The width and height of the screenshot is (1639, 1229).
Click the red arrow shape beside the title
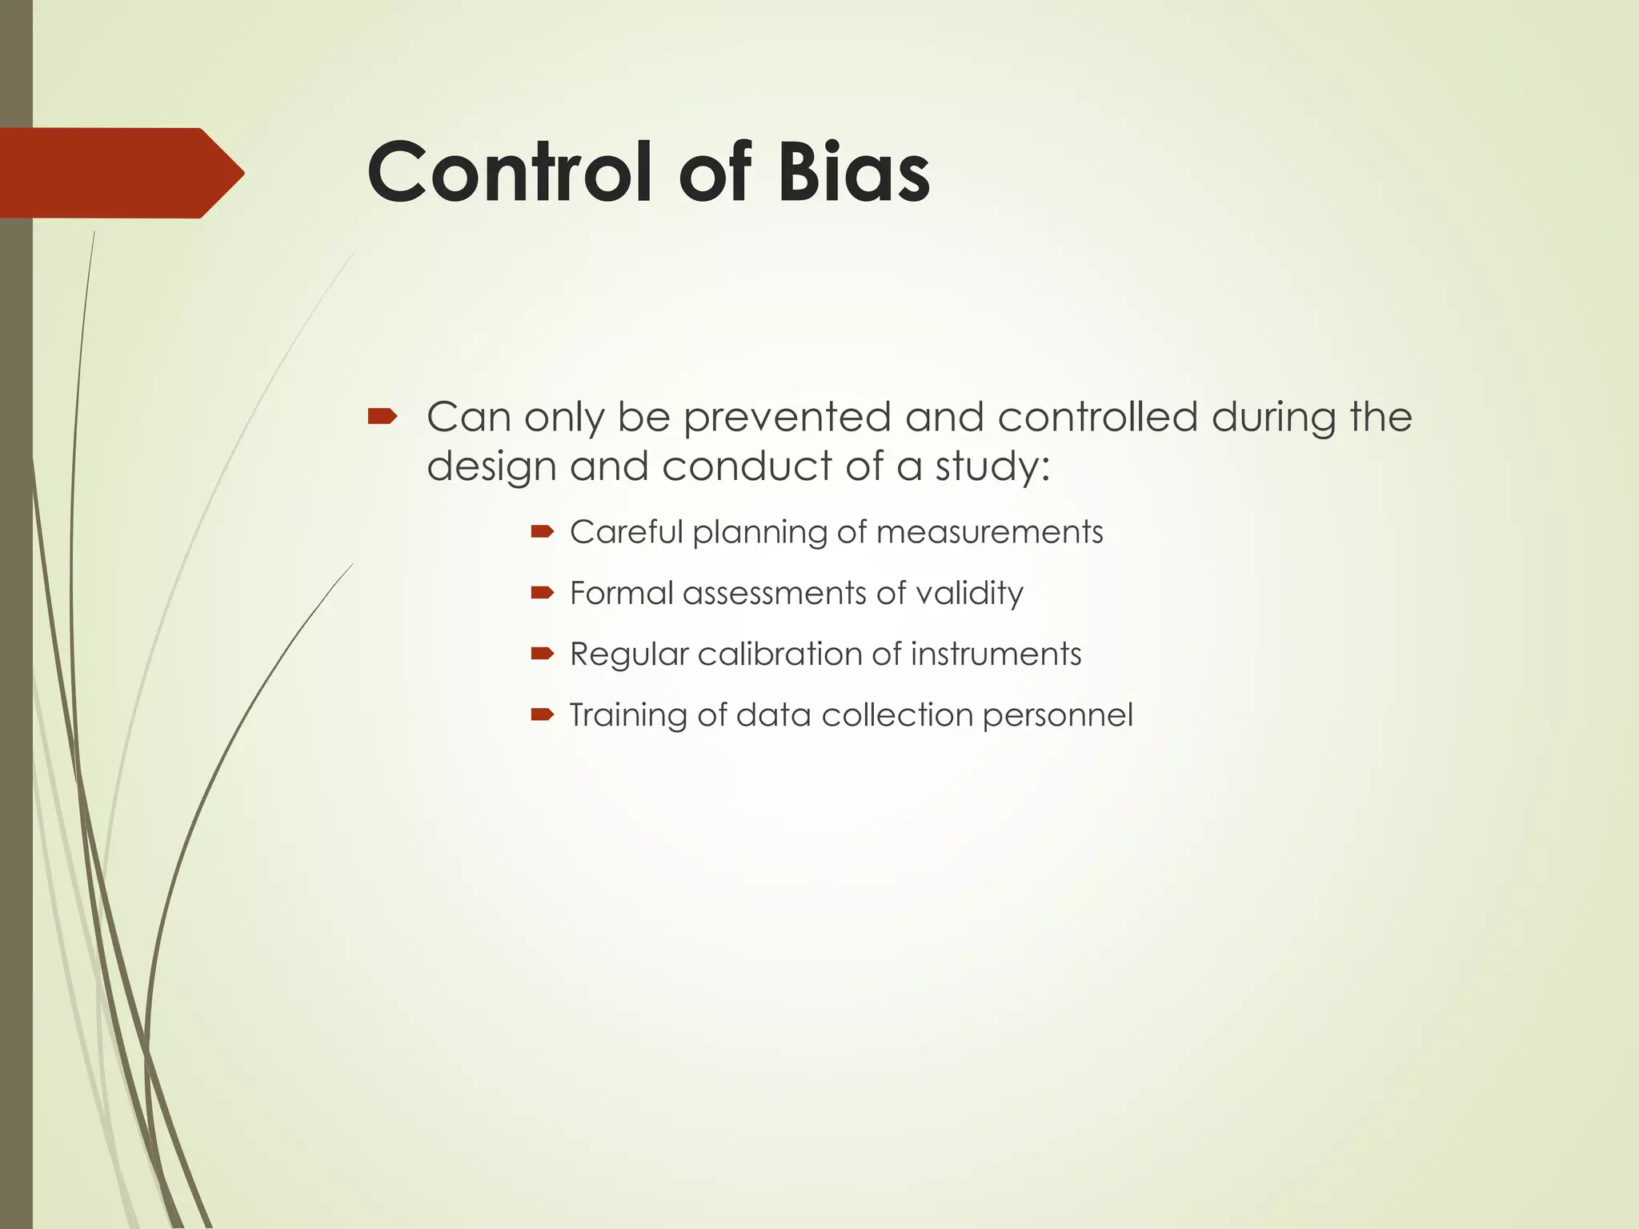click(120, 173)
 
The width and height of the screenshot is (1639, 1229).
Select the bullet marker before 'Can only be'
click(382, 415)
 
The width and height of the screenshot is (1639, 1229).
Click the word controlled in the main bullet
click(1097, 417)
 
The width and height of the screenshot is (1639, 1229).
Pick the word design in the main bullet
click(491, 466)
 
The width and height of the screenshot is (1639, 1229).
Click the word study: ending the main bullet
click(992, 466)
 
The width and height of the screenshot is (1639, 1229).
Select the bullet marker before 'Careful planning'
click(542, 530)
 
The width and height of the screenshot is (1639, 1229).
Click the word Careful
click(627, 532)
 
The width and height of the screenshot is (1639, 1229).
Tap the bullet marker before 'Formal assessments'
click(542, 592)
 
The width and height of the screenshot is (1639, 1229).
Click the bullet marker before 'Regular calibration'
click(542, 653)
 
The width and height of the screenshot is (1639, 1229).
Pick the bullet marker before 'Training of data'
click(542, 714)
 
